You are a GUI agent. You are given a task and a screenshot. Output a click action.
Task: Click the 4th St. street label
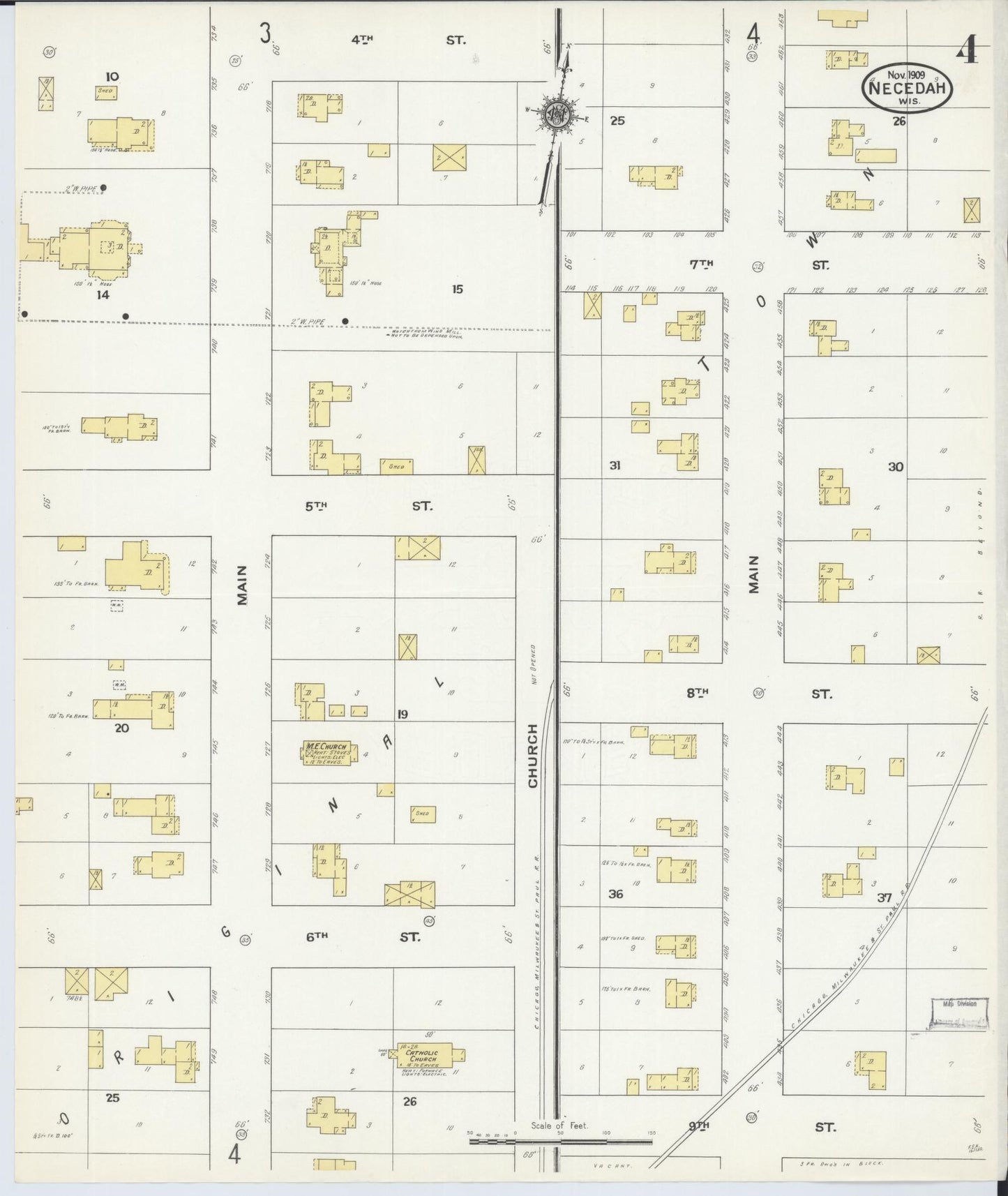(408, 40)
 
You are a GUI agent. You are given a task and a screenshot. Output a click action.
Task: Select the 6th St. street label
(363, 936)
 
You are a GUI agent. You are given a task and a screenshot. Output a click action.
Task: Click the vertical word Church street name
(533, 756)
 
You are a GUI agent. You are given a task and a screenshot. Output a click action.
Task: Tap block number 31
(615, 465)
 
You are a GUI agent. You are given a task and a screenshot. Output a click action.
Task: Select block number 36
(615, 893)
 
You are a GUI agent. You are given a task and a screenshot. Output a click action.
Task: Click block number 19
(403, 714)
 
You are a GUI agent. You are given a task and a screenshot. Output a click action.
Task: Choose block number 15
(457, 289)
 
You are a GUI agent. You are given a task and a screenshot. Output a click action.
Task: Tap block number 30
(896, 467)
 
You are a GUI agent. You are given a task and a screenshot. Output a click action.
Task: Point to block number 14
(103, 294)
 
